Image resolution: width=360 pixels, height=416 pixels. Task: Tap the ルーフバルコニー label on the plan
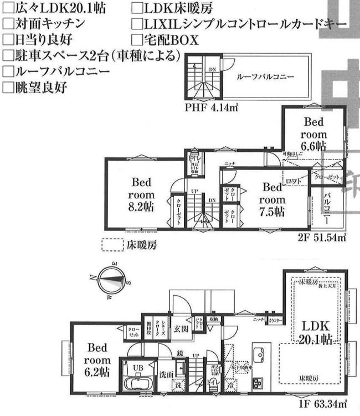[264, 78]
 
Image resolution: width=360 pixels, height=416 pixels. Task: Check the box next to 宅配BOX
[137, 39]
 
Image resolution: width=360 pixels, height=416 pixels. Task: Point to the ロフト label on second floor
[292, 181]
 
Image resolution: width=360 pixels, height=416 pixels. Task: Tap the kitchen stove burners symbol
[259, 382]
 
